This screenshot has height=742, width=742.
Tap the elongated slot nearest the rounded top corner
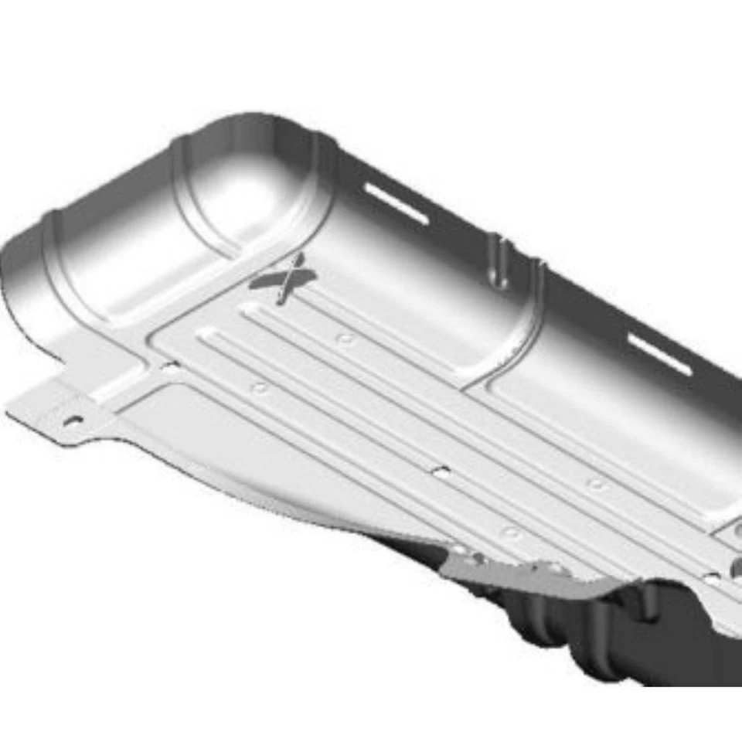tap(396, 203)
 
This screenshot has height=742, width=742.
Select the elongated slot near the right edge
tap(659, 354)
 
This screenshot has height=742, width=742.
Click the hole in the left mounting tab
tap(73, 421)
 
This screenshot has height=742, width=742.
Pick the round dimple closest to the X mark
tap(345, 339)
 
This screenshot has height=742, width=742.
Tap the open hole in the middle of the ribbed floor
tap(441, 471)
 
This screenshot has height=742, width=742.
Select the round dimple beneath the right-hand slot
tap(596, 485)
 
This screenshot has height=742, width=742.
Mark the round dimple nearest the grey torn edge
tap(510, 532)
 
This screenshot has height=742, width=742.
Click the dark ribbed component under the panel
tap(587, 634)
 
